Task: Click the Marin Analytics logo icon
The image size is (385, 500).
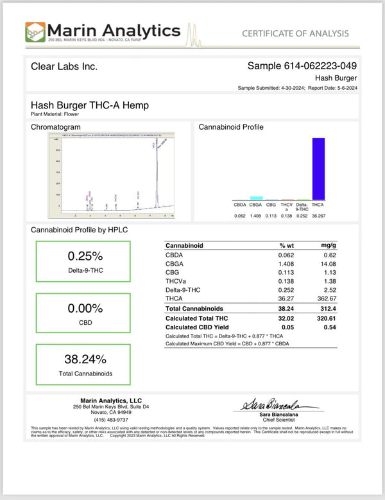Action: [x=35, y=32]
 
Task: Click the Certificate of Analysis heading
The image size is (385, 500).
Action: [x=295, y=33]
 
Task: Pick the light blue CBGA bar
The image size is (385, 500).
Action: [x=255, y=198]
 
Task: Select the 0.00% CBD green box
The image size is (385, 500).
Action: [x=83, y=312]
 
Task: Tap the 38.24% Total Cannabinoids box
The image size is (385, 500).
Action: [x=83, y=363]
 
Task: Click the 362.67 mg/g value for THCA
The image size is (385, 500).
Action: [x=327, y=298]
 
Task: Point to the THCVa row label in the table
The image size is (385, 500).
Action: [x=176, y=281]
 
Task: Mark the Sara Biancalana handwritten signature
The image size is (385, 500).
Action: [x=279, y=405]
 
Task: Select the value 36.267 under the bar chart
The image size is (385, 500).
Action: [x=318, y=216]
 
